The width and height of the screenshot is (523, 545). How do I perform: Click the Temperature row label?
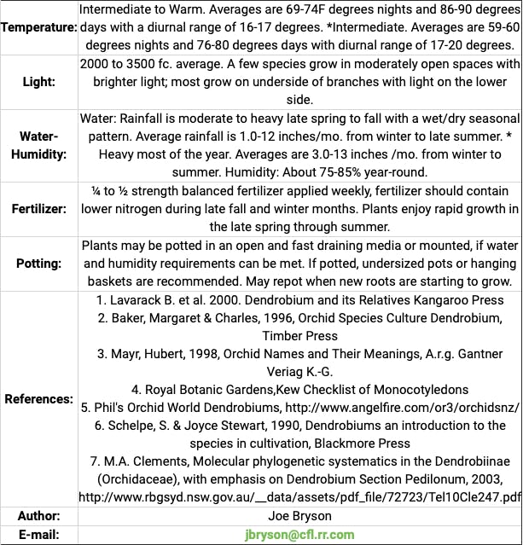pos(39,27)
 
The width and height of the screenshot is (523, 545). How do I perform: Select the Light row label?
pos(39,82)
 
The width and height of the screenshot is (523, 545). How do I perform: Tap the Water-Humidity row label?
pos(39,145)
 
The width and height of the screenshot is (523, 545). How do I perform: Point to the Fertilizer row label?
pos(39,208)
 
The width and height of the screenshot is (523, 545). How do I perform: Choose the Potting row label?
pos(39,263)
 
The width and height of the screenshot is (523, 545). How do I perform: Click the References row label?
pos(39,398)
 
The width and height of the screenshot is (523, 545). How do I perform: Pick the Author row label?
pos(39,516)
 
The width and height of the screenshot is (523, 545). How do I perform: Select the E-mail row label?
pos(39,535)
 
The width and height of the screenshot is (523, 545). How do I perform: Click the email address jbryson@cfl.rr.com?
pos(299,535)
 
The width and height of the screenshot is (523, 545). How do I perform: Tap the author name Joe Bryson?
pos(299,516)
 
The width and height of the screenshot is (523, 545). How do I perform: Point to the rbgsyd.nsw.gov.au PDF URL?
pos(299,497)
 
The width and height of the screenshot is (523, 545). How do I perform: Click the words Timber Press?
pos(299,336)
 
